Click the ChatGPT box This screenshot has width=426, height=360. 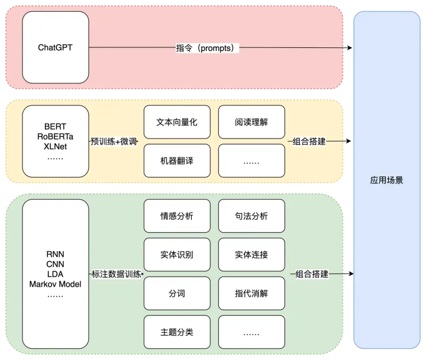(56, 47)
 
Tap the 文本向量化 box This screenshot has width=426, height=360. (177, 122)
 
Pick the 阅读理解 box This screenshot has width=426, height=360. (251, 122)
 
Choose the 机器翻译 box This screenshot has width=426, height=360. (177, 160)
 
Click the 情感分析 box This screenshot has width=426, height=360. (177, 216)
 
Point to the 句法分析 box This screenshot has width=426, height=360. (251, 216)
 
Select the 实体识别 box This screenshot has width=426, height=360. (177, 255)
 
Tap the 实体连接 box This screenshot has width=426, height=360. (251, 255)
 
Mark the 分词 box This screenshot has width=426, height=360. (177, 293)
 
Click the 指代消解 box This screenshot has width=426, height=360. (251, 293)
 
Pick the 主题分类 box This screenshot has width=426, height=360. (177, 332)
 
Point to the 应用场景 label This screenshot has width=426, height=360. (386, 180)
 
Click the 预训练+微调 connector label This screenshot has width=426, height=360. (114, 142)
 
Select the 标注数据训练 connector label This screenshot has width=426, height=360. (117, 274)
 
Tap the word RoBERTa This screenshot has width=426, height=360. (56, 137)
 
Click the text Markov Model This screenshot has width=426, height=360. (56, 284)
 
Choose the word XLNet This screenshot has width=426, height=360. (56, 147)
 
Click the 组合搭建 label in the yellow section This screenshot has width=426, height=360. (309, 142)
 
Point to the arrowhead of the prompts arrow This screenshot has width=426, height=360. (350, 48)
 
